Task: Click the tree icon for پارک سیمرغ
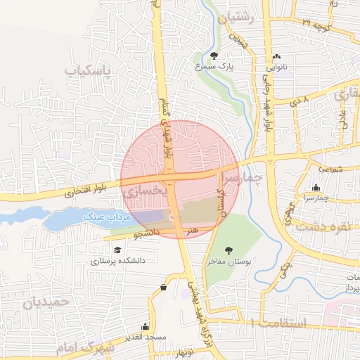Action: [214, 56]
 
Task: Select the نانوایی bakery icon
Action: [276, 56]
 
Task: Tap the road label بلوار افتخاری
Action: [84, 191]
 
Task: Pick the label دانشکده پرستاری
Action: [117, 260]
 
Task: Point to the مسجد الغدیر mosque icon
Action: [145, 326]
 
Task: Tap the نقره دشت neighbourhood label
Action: [324, 226]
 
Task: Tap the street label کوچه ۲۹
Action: [316, 24]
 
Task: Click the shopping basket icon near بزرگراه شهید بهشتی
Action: [164, 287]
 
